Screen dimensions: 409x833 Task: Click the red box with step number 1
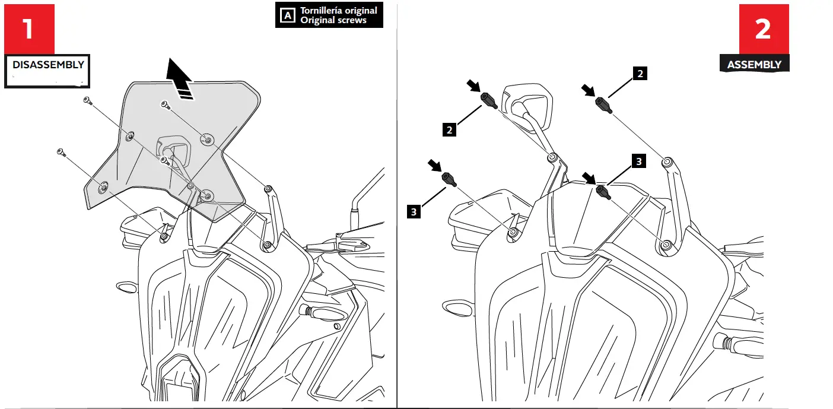[x=29, y=29]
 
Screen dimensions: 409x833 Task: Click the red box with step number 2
[x=764, y=29]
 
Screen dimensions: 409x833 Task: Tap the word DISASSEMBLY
[x=48, y=65]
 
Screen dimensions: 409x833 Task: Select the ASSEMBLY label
[x=754, y=65]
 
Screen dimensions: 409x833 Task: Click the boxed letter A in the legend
[x=287, y=15]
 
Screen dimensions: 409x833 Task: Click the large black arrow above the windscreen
[x=180, y=78]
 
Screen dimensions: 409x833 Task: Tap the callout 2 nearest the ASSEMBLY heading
[x=640, y=74]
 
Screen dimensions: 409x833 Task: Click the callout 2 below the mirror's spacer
[x=450, y=129]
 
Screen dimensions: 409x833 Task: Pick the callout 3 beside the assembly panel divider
[x=414, y=210]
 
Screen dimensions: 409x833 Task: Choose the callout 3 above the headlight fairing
[x=638, y=160]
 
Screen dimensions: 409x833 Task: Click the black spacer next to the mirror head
[x=488, y=100]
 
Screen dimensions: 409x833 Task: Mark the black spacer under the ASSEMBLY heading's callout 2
[x=603, y=105]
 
